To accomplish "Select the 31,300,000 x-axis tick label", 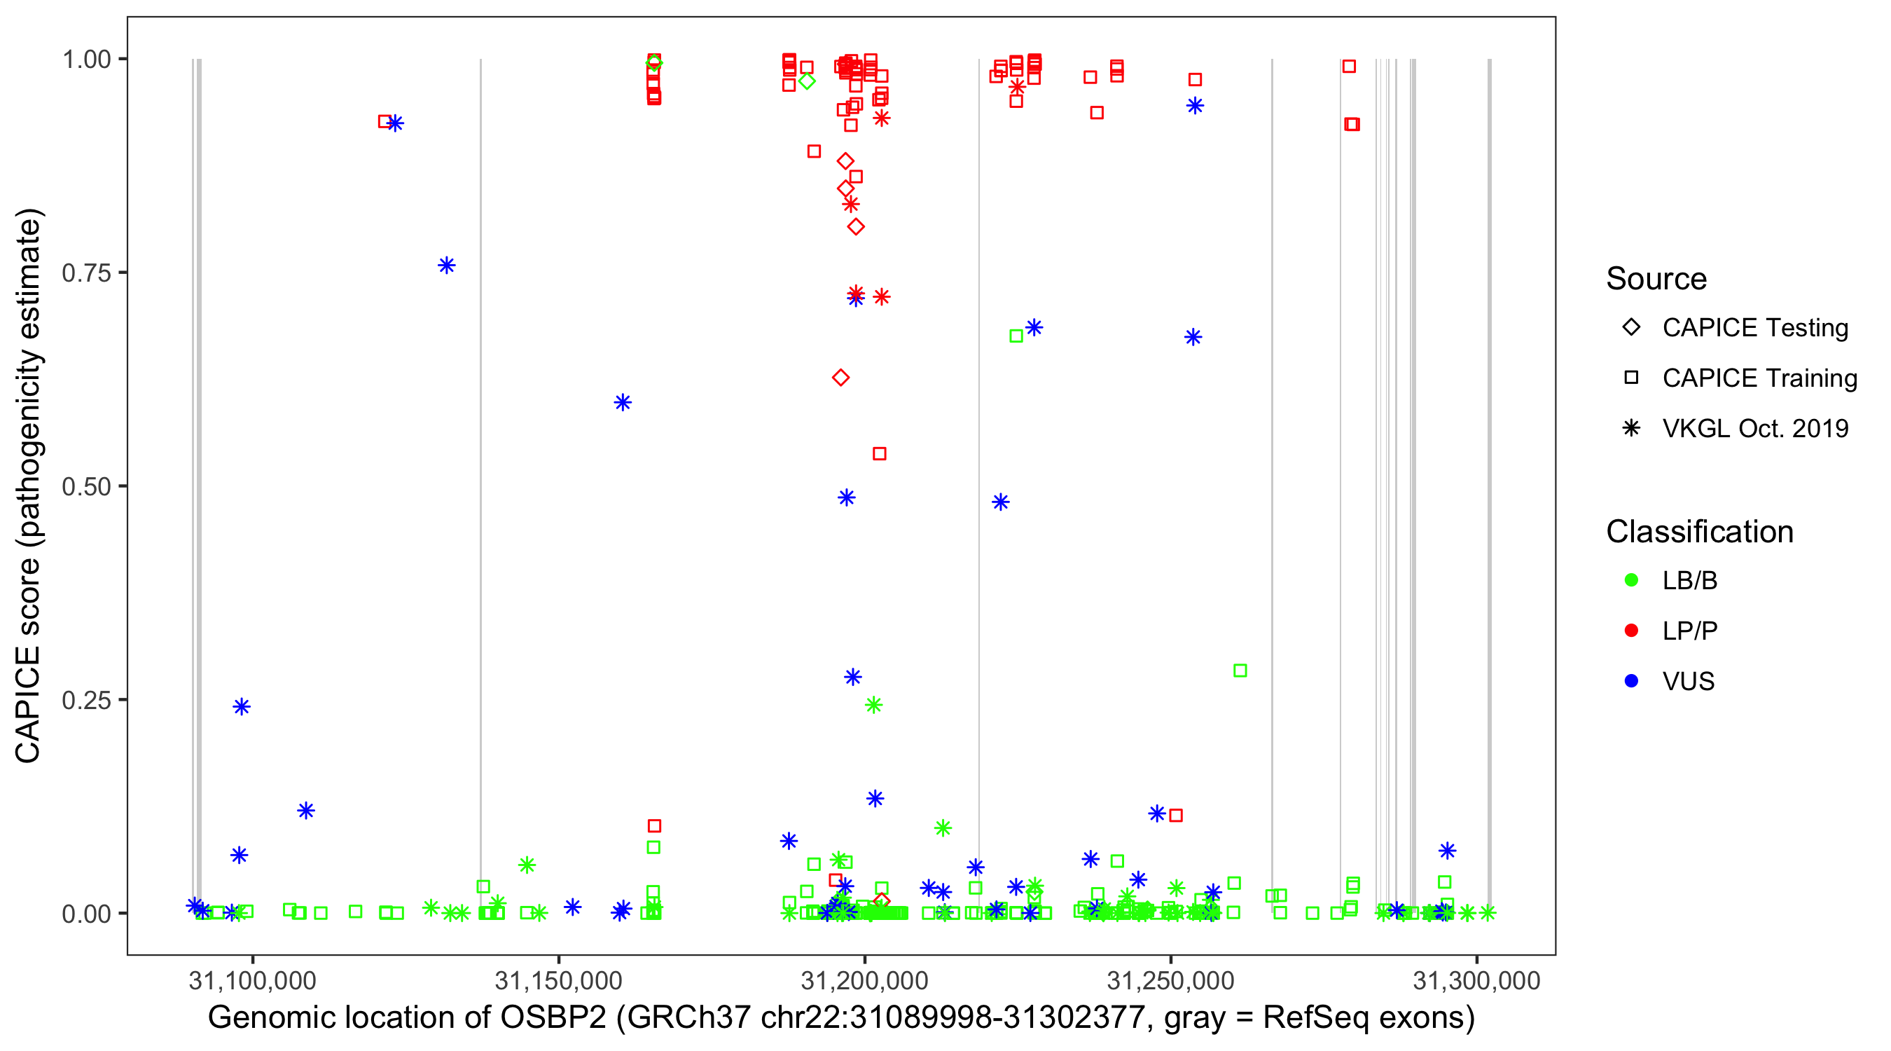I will pyautogui.click(x=1476, y=980).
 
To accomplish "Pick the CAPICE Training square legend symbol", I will pyautogui.click(x=1631, y=378).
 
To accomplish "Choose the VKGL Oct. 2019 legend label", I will pyautogui.click(x=1754, y=429).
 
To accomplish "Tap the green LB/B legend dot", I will pyautogui.click(x=1631, y=580).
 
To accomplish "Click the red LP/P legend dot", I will pyautogui.click(x=1631, y=631).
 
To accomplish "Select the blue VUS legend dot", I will pyautogui.click(x=1631, y=682).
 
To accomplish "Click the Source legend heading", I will pyautogui.click(x=1656, y=279).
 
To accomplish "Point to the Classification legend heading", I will pyautogui.click(x=1699, y=532).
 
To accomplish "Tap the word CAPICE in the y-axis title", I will pyautogui.click(x=28, y=705).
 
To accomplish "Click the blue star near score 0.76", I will pyautogui.click(x=446, y=265).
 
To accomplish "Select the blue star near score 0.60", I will pyautogui.click(x=623, y=402).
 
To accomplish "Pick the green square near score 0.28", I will pyautogui.click(x=1240, y=671).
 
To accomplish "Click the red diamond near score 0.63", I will pyautogui.click(x=840, y=378).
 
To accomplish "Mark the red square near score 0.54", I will pyautogui.click(x=880, y=454).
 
